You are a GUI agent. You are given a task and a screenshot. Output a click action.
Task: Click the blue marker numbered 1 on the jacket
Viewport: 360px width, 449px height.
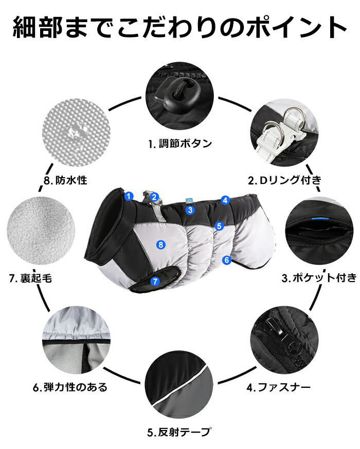tap(129, 196)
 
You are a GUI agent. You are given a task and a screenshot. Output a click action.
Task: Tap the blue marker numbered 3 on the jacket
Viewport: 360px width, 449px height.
tap(190, 210)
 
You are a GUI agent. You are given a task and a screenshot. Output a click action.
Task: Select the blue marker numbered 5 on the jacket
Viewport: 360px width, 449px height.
tap(219, 226)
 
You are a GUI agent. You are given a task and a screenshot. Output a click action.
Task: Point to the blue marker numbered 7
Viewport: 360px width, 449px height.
tap(155, 281)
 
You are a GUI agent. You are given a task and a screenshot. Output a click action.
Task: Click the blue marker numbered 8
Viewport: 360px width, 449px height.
tap(161, 245)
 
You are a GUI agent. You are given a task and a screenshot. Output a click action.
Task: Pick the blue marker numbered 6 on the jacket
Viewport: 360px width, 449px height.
tap(227, 260)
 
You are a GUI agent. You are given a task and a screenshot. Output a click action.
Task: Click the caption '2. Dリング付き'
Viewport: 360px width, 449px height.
tap(285, 180)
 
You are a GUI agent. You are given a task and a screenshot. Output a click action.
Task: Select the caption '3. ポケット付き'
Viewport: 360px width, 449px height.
tap(319, 278)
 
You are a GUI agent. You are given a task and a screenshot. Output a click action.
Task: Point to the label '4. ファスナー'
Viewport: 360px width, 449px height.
tap(279, 387)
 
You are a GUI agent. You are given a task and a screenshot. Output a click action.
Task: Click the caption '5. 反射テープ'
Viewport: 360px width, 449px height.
tap(180, 432)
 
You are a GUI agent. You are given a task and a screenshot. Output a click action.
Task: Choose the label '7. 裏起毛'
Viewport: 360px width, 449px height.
tap(31, 278)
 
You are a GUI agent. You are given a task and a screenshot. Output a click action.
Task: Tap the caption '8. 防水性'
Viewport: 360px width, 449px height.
tap(65, 180)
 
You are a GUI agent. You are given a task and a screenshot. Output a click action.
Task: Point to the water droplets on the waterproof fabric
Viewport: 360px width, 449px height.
tap(77, 133)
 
